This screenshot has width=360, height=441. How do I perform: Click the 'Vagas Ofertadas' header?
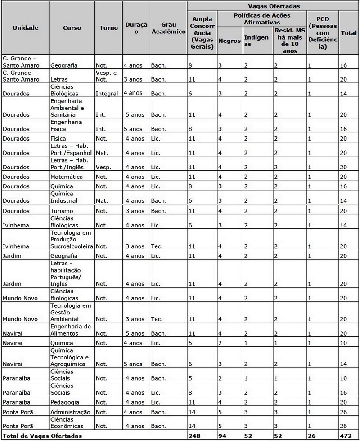273,6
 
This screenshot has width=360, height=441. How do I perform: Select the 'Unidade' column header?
25,27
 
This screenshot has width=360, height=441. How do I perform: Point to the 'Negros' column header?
229,40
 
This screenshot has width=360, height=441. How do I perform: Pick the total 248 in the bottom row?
195,436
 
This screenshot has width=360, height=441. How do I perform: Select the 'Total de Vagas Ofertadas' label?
42,436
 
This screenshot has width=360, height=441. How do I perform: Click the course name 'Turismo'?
62,211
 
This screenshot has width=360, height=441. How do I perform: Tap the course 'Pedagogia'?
65,402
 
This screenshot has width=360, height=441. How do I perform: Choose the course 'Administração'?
70,412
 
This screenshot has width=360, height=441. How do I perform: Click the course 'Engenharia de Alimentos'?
71,330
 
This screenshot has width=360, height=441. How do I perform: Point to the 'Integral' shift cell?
107,94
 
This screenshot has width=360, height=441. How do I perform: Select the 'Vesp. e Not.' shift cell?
106,76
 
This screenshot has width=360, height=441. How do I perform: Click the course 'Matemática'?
67,177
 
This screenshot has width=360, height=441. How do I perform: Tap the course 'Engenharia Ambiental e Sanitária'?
67,108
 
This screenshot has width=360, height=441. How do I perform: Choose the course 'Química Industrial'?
64,197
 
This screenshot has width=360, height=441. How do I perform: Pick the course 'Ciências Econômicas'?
67,423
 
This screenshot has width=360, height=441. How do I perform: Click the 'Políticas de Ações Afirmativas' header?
262,18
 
